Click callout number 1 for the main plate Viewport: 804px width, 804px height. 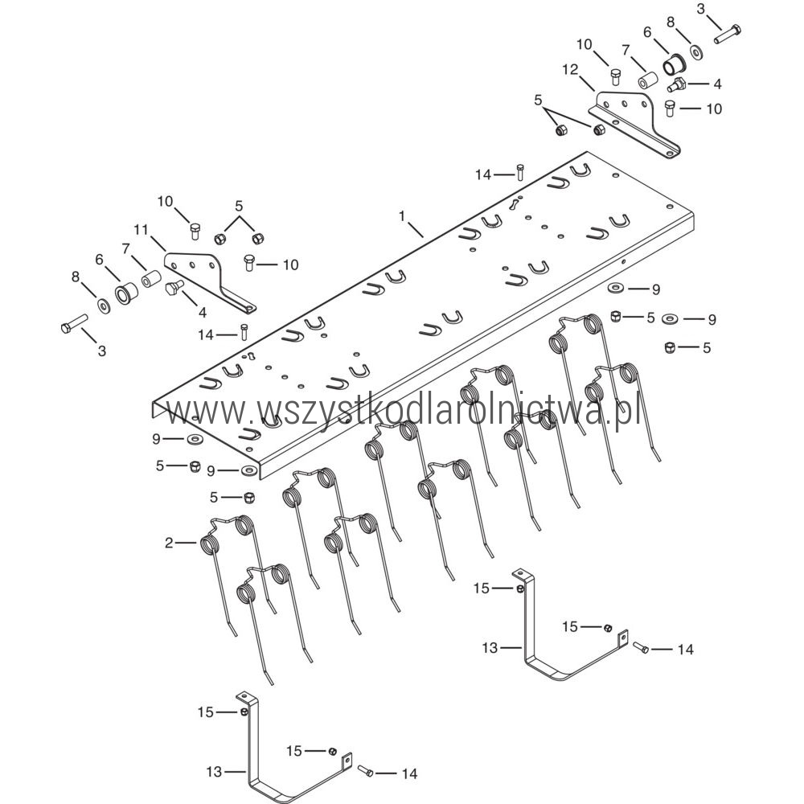tap(403, 215)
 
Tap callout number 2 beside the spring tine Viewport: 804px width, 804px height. tap(169, 544)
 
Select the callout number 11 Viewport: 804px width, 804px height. tap(142, 230)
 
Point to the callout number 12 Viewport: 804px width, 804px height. tap(569, 72)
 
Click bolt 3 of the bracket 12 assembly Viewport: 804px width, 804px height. tap(727, 35)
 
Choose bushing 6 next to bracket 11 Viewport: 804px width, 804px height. tap(126, 292)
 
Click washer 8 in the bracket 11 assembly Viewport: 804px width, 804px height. tap(105, 306)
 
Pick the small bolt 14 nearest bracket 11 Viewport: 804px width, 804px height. tap(244, 330)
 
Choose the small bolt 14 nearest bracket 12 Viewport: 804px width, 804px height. tap(519, 171)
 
